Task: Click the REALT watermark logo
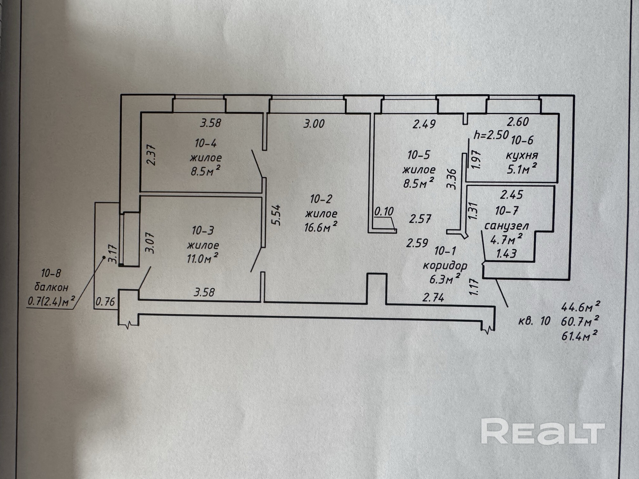click(x=543, y=432)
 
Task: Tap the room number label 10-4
click(x=206, y=143)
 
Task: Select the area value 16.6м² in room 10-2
click(x=321, y=227)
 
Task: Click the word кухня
click(x=522, y=156)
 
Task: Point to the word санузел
click(x=506, y=226)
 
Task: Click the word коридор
click(x=445, y=265)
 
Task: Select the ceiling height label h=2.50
click(x=491, y=135)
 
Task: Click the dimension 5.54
click(x=277, y=215)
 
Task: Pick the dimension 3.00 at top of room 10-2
click(x=314, y=124)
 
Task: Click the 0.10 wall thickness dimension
click(x=384, y=211)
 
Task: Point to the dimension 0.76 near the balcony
click(x=105, y=302)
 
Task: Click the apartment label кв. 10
click(x=534, y=321)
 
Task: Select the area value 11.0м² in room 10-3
click(x=203, y=258)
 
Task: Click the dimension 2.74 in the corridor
click(x=433, y=298)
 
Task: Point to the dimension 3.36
click(x=452, y=179)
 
